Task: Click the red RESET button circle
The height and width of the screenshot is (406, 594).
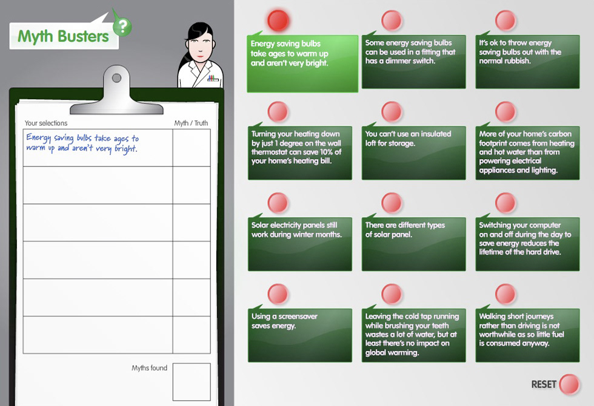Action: pyautogui.click(x=569, y=384)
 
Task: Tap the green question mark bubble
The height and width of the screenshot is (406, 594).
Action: pyautogui.click(x=122, y=27)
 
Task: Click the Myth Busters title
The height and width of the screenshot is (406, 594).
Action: pyautogui.click(x=63, y=36)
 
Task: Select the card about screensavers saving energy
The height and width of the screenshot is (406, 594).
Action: pyautogui.click(x=299, y=335)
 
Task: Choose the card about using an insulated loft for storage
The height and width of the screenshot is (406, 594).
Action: pyautogui.click(x=413, y=152)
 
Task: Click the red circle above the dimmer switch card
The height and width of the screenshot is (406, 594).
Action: pyautogui.click(x=392, y=20)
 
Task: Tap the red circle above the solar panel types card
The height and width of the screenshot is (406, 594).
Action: pyautogui.click(x=392, y=203)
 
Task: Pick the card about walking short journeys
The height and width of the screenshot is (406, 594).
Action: pyautogui.click(x=527, y=335)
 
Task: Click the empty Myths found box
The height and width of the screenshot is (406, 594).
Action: pyautogui.click(x=192, y=382)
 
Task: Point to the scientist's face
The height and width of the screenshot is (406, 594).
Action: pyautogui.click(x=200, y=47)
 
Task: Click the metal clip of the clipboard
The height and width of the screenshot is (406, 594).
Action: pyautogui.click(x=116, y=91)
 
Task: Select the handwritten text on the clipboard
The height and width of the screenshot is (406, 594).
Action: pyautogui.click(x=82, y=143)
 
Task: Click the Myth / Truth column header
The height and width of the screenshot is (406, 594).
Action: pyautogui.click(x=191, y=123)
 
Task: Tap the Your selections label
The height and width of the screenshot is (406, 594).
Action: pyautogui.click(x=46, y=123)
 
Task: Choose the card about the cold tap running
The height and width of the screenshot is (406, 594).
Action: pyautogui.click(x=413, y=335)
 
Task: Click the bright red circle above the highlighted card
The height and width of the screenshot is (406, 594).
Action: pyautogui.click(x=278, y=20)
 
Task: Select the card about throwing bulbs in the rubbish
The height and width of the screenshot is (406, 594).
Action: pyautogui.click(x=527, y=62)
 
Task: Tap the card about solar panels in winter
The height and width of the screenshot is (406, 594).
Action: pyautogui.click(x=299, y=244)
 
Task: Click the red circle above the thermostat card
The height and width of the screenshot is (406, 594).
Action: pyautogui.click(x=278, y=111)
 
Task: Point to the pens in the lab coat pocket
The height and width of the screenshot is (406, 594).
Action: pyautogui.click(x=213, y=78)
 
